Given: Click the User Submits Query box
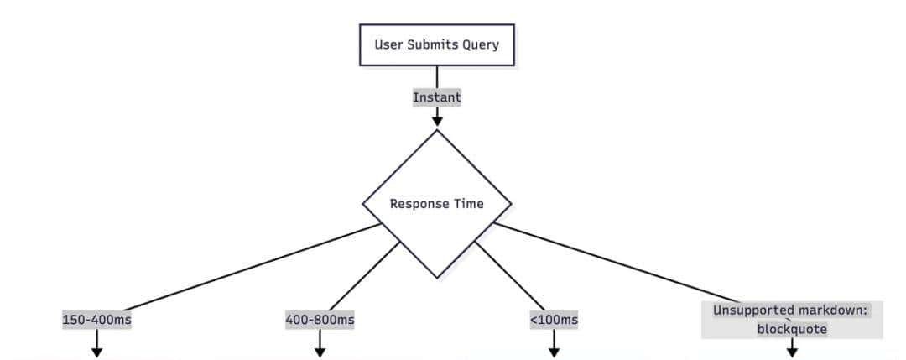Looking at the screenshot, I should (436, 44).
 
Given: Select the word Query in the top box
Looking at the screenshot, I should (480, 44).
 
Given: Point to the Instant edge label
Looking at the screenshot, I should (436, 97).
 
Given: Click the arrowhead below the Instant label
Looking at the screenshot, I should (436, 121).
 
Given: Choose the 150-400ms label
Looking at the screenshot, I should (96, 320).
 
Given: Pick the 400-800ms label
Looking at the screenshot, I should (320, 320).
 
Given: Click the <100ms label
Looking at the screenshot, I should (554, 320).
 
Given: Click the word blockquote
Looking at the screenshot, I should (791, 329).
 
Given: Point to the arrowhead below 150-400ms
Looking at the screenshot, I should (96, 352).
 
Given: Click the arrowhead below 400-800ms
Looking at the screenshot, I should (320, 352).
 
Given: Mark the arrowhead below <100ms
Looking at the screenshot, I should (554, 352).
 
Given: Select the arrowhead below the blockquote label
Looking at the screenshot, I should (791, 352).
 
